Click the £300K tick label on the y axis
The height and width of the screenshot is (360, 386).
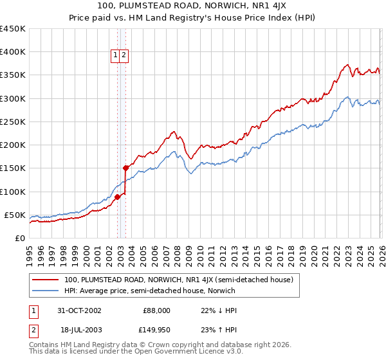[x=12, y=98]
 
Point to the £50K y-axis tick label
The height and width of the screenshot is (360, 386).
[x=14, y=215]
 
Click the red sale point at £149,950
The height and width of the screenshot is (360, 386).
[x=125, y=168]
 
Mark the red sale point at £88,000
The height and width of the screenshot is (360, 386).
[x=118, y=197]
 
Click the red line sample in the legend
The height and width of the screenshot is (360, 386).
[x=46, y=280]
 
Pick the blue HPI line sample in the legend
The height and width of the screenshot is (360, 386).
[x=46, y=291]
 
